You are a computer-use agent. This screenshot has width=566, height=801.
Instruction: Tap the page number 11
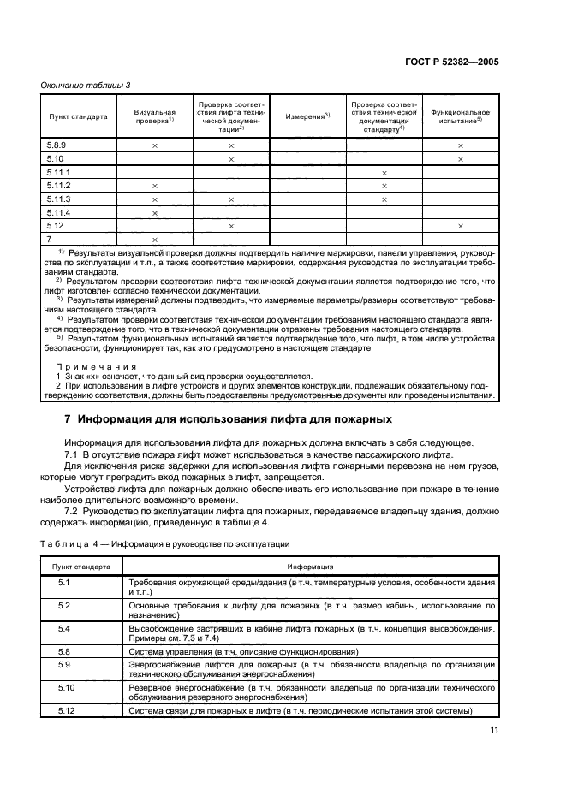coord(494,729)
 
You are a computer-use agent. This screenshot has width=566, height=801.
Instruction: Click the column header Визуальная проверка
coord(155,116)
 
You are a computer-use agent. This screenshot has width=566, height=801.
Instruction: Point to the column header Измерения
coord(307,116)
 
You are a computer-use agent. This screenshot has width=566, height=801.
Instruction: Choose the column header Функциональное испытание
coord(460,116)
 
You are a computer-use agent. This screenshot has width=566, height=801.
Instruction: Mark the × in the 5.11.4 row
coord(155,212)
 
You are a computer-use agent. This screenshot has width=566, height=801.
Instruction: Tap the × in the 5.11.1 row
coord(384,173)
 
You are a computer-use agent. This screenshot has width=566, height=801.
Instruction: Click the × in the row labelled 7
coord(155,239)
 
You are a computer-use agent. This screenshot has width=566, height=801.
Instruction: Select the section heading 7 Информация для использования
coord(229,419)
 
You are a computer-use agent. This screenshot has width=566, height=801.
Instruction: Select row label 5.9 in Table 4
coord(63,664)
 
